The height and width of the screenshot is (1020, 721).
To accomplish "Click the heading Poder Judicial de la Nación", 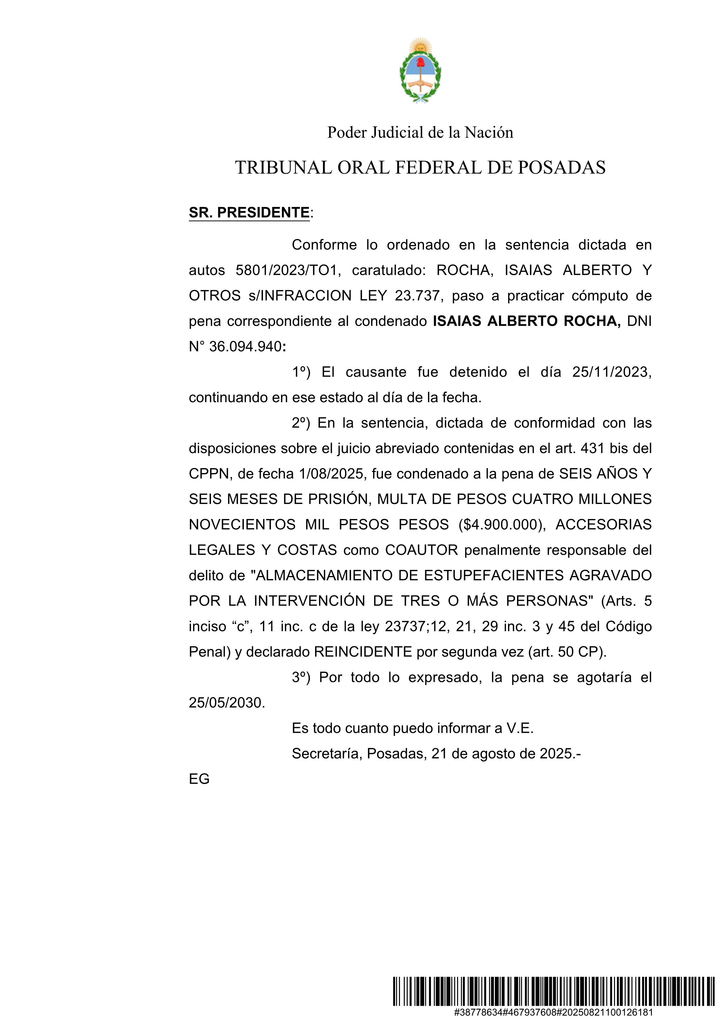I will [x=420, y=132].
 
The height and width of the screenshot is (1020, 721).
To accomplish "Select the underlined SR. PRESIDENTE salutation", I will [x=249, y=213].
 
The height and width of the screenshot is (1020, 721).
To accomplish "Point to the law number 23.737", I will [x=417, y=296].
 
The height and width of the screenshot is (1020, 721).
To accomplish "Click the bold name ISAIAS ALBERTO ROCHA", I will [x=527, y=321].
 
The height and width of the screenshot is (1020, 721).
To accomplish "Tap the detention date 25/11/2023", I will [x=611, y=372].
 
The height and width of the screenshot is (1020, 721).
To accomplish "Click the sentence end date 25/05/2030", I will [x=226, y=703].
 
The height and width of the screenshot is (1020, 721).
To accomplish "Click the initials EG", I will [x=199, y=779].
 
